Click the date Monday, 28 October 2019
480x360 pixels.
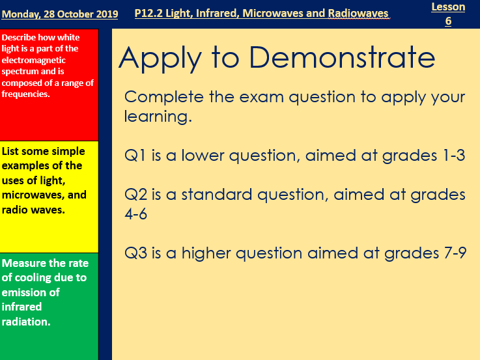(x=60, y=14)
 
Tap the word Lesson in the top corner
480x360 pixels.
(x=448, y=7)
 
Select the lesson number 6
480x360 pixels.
(x=448, y=21)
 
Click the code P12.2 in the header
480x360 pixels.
(x=150, y=13)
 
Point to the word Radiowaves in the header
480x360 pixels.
(x=357, y=13)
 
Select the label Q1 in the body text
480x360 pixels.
(x=135, y=156)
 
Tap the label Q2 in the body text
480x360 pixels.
(x=136, y=195)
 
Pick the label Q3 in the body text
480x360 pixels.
(x=136, y=253)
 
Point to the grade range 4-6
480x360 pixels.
(x=135, y=214)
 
